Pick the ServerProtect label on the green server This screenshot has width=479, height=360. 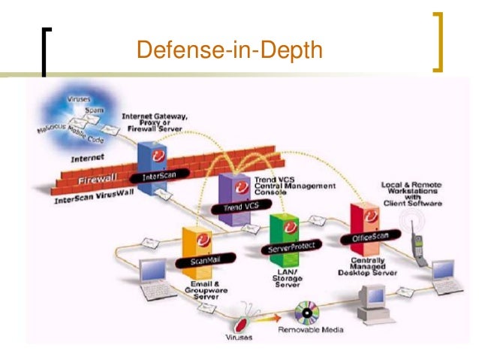286,247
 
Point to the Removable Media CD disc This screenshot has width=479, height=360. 308,311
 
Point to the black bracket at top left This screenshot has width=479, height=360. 47,51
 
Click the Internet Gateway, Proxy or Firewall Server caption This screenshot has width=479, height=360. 155,124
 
